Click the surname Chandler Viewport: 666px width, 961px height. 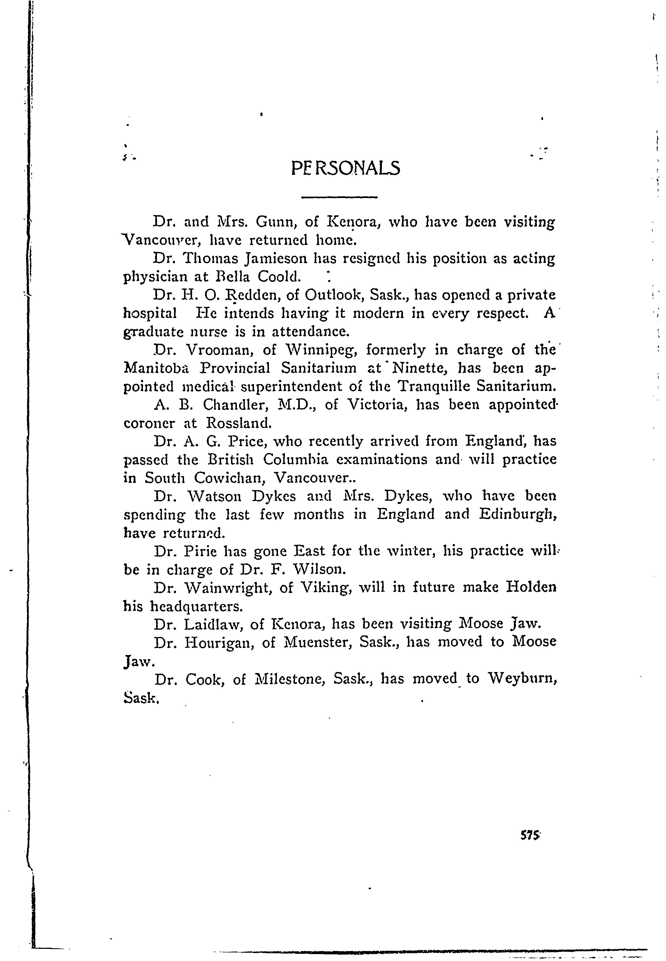(x=227, y=405)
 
